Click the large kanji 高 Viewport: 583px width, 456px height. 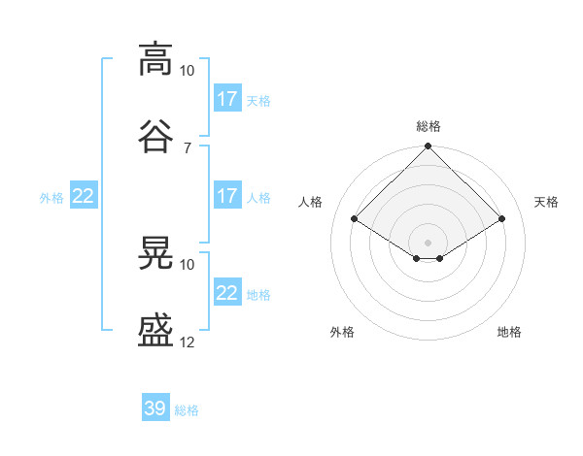pos(155,59)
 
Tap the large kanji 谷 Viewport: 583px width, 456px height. pos(155,136)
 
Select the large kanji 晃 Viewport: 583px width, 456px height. pos(155,252)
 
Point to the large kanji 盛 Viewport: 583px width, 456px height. pos(155,330)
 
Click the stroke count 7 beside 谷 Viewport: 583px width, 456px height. pos(188,148)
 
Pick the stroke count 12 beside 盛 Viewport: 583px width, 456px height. pos(187,342)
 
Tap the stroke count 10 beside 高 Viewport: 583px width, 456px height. pos(187,71)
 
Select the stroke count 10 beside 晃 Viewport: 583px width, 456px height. pos(187,265)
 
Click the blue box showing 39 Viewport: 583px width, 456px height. pos(155,407)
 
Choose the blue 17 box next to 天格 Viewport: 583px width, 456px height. pos(228,98)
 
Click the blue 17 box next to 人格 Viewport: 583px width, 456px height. pos(228,195)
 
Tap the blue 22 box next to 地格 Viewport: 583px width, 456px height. pos(228,291)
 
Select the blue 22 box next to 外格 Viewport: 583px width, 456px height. pos(84,195)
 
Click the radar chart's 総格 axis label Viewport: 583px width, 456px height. pos(429,126)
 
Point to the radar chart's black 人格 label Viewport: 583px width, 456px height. pos(310,202)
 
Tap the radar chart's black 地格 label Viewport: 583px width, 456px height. pos(509,332)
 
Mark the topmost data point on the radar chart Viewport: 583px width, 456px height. pos(428,146)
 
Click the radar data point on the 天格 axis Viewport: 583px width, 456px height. pos(501,218)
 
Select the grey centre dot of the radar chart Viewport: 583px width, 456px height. pos(428,243)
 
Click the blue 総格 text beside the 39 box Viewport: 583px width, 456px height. pos(187,410)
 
